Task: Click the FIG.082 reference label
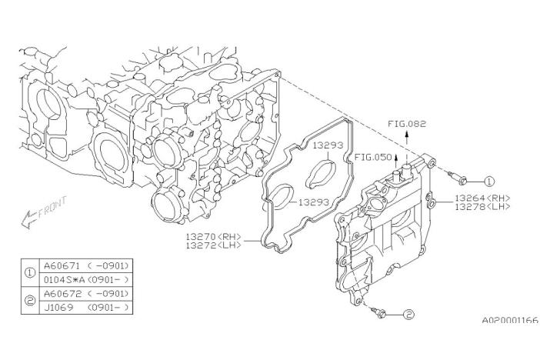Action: click(x=407, y=124)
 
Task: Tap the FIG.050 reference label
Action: click(x=373, y=158)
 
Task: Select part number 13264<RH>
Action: click(x=482, y=198)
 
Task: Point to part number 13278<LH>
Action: click(x=482, y=206)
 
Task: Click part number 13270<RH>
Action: click(x=213, y=237)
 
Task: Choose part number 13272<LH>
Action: click(x=213, y=245)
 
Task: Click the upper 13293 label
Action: click(x=328, y=145)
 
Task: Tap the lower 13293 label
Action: click(x=313, y=202)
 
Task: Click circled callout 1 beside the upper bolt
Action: click(x=489, y=182)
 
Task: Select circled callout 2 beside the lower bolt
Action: click(x=408, y=314)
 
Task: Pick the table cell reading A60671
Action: click(x=62, y=265)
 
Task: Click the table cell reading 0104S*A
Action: click(x=65, y=279)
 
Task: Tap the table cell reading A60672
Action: click(x=62, y=294)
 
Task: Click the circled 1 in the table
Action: click(x=30, y=273)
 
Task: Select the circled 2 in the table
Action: click(x=30, y=301)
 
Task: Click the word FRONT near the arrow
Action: click(x=52, y=208)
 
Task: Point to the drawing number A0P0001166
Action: click(x=510, y=320)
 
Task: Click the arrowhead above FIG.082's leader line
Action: click(x=407, y=134)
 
